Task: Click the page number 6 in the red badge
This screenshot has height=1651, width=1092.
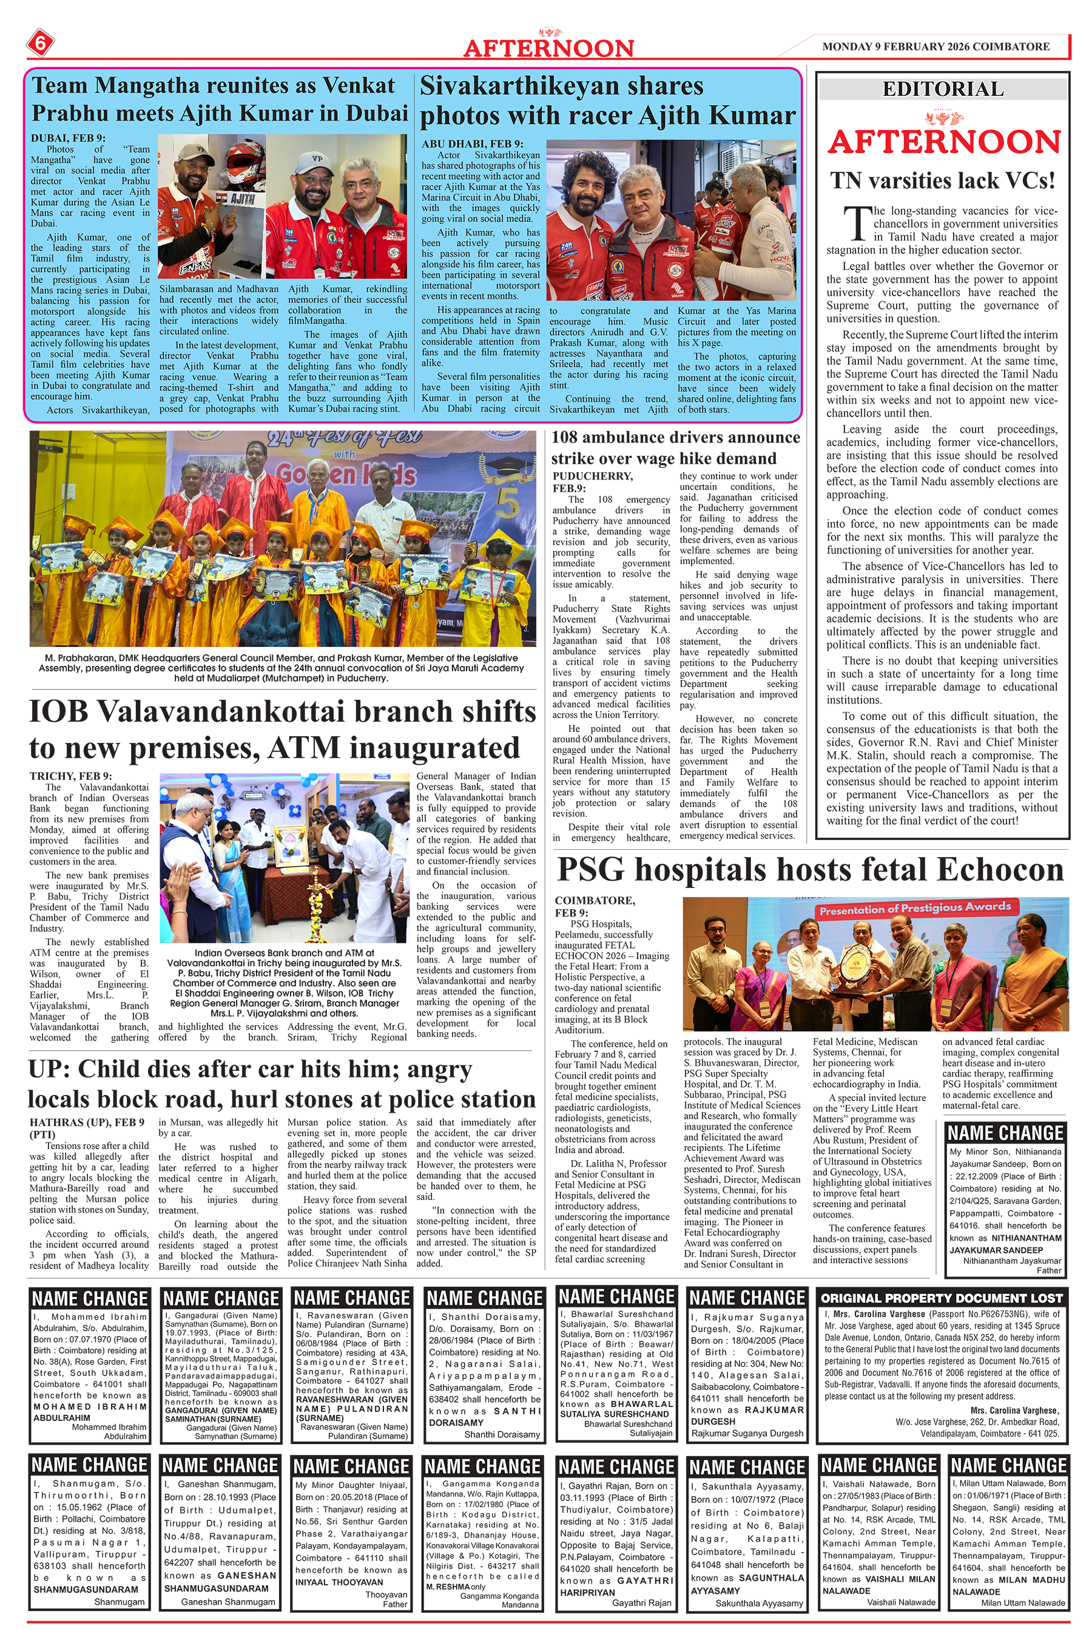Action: pos(39,44)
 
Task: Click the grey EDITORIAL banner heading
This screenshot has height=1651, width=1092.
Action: pos(942,89)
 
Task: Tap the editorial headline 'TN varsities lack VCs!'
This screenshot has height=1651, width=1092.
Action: pos(942,180)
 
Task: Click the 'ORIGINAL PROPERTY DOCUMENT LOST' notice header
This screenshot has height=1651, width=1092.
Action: pos(942,1298)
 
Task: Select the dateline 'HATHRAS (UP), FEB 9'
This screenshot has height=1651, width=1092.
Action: pos(87,1122)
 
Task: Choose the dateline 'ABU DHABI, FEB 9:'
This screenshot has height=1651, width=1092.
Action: pos(472,143)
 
